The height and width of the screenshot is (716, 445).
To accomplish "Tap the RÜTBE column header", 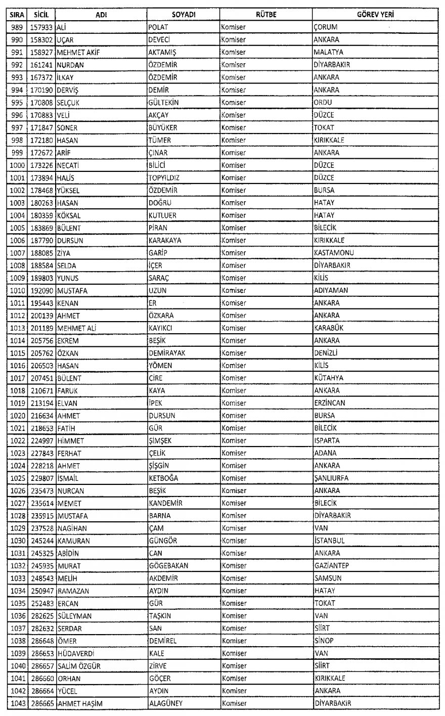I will point(265,15).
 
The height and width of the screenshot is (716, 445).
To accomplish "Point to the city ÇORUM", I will point(325,27).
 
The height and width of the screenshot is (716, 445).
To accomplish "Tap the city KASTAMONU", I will point(333,253).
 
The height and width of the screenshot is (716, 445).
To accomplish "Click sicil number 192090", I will point(42,291).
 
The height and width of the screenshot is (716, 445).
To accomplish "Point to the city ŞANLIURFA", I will point(331,478).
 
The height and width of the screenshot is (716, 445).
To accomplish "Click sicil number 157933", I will point(42,27).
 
